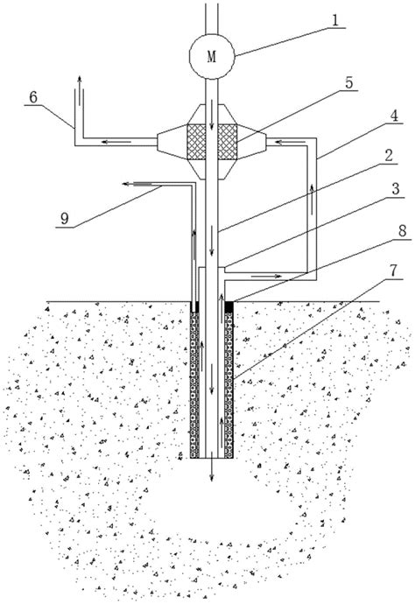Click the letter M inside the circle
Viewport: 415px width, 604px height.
(x=212, y=57)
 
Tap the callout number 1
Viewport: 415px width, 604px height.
(x=335, y=20)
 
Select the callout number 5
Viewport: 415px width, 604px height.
(x=348, y=82)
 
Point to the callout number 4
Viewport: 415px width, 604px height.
(x=394, y=116)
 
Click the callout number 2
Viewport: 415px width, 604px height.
(x=389, y=156)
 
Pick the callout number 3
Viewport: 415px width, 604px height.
(x=396, y=189)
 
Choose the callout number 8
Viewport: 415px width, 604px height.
(x=402, y=231)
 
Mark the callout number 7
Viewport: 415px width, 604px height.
(x=392, y=270)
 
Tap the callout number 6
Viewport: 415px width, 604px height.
(x=33, y=97)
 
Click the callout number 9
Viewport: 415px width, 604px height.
(x=64, y=219)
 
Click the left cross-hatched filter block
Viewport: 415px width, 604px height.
(x=196, y=141)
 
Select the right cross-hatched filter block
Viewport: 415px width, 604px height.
(x=228, y=141)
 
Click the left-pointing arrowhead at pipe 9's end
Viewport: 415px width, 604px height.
(x=125, y=184)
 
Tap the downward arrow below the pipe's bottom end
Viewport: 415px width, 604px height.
(x=211, y=470)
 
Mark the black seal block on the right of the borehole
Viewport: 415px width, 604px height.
(x=229, y=306)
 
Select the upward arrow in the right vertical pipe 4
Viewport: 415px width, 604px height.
(x=312, y=200)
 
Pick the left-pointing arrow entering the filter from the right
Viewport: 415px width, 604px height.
(x=291, y=143)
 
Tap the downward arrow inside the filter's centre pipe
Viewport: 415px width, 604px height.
(x=211, y=115)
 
